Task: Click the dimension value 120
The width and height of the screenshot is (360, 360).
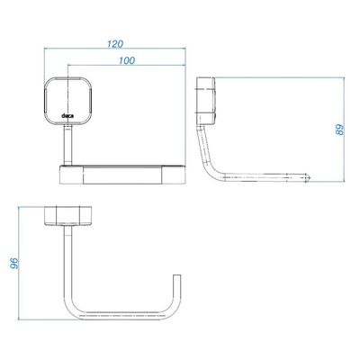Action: pyautogui.click(x=115, y=44)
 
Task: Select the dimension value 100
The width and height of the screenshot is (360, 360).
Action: pyautogui.click(x=127, y=60)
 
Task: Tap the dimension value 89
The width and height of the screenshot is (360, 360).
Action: pyautogui.click(x=340, y=130)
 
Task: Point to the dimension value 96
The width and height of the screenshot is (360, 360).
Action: pyautogui.click(x=14, y=264)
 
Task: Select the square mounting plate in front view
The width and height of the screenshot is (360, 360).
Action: pyautogui.click(x=67, y=101)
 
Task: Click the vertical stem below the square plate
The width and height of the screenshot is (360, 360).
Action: pyautogui.click(x=67, y=145)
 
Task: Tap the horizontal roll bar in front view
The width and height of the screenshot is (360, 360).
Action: pyautogui.click(x=122, y=174)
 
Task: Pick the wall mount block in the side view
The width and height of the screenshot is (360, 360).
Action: pyautogui.click(x=205, y=101)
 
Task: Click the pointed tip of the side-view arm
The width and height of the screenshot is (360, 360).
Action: pyautogui.click(x=310, y=177)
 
